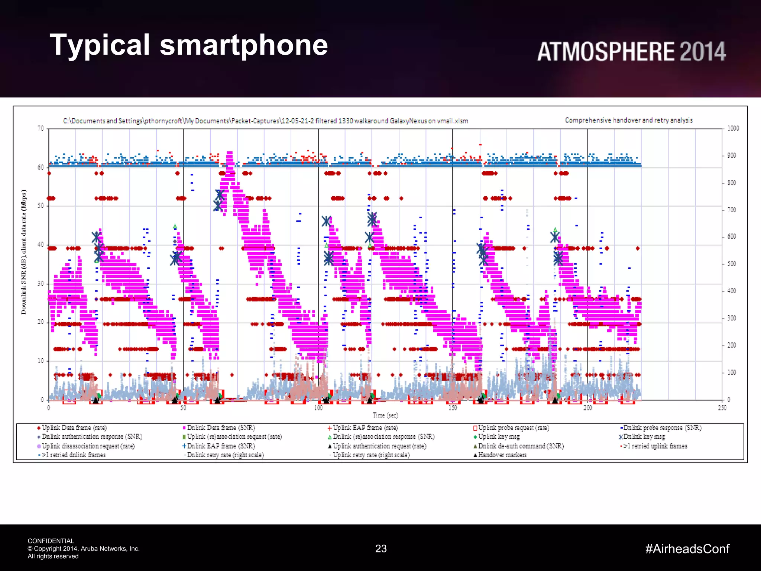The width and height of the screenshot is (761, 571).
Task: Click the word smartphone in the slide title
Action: [x=244, y=45]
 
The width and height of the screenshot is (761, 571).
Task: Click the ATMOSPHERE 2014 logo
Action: [x=631, y=52]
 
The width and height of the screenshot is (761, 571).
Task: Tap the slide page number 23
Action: [x=381, y=549]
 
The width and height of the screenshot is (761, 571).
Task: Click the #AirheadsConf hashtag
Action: [x=687, y=549]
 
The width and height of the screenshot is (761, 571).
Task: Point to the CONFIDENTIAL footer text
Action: [x=51, y=541]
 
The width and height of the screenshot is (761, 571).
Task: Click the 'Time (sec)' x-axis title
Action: [x=385, y=415]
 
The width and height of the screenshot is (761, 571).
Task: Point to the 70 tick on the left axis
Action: [x=41, y=129]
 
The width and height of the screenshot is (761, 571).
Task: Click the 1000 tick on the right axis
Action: [x=733, y=129]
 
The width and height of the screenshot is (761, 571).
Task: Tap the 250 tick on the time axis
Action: [x=722, y=408]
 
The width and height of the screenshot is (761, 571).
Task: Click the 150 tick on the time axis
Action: [x=453, y=408]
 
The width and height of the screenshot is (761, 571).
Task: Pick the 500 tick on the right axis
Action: [x=731, y=264]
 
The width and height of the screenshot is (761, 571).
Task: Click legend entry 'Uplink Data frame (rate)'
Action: [x=74, y=428]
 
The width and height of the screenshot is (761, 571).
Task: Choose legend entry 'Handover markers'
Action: [x=502, y=455]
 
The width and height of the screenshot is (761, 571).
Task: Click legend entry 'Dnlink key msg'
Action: [x=644, y=437]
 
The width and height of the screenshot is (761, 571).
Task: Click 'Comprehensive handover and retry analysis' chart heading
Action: [x=629, y=120]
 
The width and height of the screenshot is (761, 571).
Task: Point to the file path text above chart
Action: [x=265, y=121]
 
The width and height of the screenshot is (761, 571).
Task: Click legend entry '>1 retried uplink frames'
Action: [x=655, y=446]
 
